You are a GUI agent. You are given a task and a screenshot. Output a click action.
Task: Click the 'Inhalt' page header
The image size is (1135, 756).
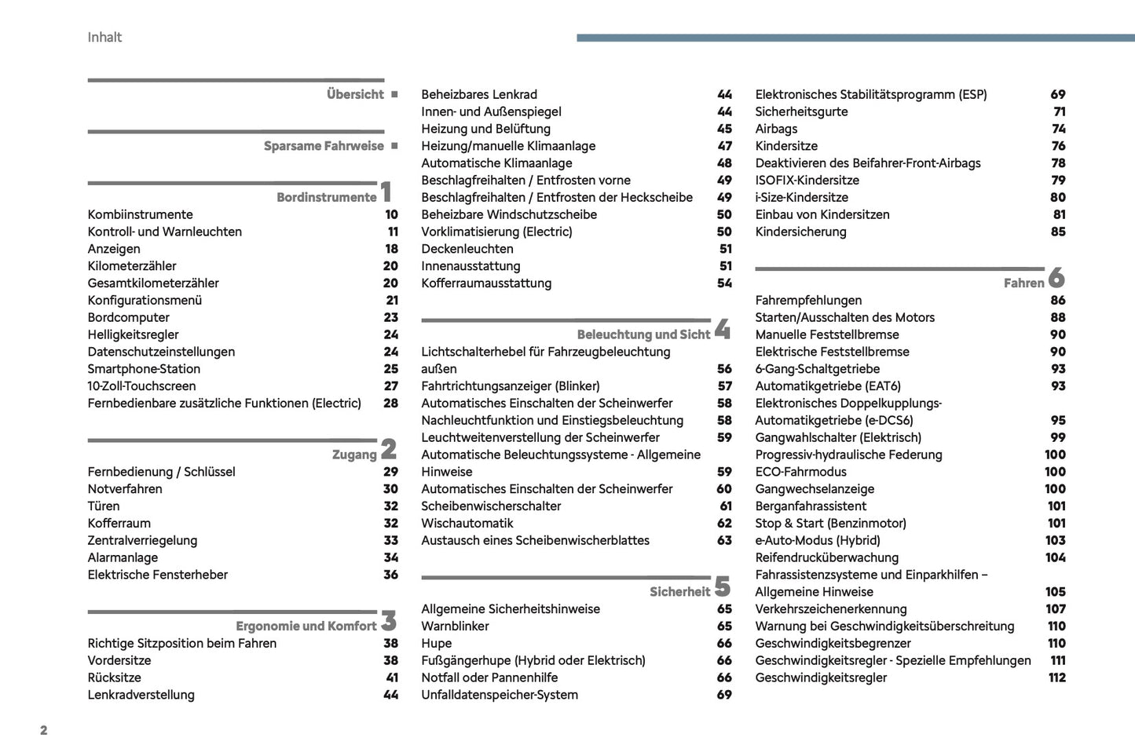pos(104,37)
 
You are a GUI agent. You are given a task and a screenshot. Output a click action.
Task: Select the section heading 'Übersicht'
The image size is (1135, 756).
pos(355,94)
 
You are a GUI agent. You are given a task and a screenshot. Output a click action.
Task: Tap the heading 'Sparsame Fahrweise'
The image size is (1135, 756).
pos(324,146)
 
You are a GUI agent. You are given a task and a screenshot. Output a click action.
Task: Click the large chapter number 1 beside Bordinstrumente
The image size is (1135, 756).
pos(386,192)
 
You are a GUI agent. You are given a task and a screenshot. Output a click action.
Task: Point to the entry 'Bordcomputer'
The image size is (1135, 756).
pos(128,317)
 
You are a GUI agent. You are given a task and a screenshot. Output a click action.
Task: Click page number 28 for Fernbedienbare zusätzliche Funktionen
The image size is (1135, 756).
pos(390,403)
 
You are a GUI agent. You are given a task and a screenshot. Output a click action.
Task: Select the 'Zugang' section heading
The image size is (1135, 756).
pos(354,455)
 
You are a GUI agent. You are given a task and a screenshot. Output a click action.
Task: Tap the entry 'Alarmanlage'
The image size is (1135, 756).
pos(123,557)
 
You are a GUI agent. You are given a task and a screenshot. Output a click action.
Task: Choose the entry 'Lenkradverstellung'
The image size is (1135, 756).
pos(141,695)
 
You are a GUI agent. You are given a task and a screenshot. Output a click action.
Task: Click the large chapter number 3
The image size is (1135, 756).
pos(389,621)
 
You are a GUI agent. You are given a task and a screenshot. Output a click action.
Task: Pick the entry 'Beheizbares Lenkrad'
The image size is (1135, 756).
pos(479,94)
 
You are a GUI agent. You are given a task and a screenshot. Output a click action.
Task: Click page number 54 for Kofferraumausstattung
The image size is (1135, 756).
pos(724,283)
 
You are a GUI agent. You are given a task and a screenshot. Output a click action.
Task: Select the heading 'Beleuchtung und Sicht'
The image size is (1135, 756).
pos(643,334)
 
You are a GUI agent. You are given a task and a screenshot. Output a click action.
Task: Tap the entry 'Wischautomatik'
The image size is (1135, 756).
pos(467,523)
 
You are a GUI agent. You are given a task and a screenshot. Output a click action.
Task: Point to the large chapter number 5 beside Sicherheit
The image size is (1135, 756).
pos(723,586)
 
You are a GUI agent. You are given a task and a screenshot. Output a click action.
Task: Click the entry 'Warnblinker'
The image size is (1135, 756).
pos(455,626)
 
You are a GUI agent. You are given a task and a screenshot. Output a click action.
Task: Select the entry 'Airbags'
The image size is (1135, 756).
pos(776,129)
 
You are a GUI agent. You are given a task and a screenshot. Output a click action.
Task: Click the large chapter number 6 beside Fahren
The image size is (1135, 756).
pos(1056,277)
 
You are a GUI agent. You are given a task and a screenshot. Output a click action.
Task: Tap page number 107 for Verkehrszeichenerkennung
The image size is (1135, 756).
pos(1055,608)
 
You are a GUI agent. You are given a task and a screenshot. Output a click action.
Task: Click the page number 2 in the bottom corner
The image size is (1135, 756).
pos(44,730)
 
